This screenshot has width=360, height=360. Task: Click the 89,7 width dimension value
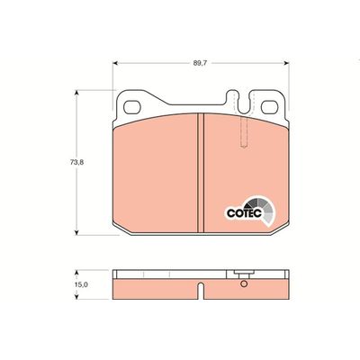pos(201,63)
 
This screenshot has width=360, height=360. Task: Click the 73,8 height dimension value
pos(76,163)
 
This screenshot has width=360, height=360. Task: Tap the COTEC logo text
pos(245,213)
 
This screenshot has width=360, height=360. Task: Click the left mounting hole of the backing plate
pos(132,107)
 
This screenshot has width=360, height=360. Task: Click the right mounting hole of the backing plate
pos(269,107)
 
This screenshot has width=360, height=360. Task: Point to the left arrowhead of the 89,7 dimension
pos(115,63)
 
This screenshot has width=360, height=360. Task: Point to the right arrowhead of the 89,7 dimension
pos(287,63)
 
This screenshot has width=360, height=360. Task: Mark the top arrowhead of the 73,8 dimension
pos(76,93)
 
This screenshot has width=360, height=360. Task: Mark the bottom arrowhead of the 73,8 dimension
pos(76,232)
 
